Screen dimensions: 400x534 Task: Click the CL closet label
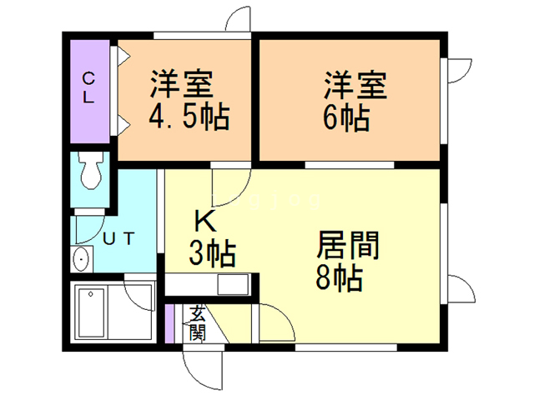click(88, 87)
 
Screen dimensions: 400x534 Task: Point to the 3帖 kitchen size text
click(212, 251)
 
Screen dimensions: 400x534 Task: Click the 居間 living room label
click(348, 246)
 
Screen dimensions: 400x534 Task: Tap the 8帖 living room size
click(340, 277)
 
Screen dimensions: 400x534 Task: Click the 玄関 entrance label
click(198, 324)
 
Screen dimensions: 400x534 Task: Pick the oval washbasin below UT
click(81, 260)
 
